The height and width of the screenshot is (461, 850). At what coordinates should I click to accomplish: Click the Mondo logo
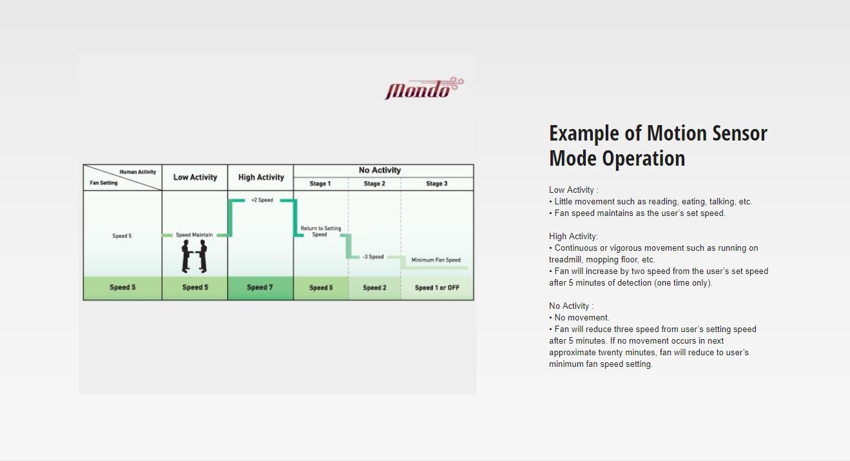[424, 88]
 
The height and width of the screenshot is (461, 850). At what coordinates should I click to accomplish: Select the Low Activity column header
[195, 177]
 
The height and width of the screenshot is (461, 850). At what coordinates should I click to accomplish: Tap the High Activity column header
[261, 177]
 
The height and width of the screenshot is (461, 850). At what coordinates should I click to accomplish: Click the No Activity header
[380, 170]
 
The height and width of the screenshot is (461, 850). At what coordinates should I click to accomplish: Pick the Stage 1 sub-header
[320, 183]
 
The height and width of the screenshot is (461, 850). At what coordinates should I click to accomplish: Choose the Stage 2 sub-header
[374, 183]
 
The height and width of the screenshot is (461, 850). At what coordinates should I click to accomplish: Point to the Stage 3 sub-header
[436, 183]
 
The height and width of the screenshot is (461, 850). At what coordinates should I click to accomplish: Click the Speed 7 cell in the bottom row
[260, 288]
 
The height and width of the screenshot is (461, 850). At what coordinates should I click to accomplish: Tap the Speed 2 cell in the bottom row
[374, 288]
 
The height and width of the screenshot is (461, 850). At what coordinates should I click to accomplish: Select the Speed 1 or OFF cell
[437, 288]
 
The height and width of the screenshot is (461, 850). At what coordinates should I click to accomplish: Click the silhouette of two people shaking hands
[194, 257]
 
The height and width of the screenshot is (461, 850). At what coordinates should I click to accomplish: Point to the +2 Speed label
[262, 200]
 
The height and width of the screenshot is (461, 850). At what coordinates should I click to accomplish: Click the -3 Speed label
[373, 257]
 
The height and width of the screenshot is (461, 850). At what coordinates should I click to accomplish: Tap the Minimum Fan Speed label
[436, 260]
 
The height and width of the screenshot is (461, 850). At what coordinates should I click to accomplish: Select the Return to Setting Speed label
[321, 231]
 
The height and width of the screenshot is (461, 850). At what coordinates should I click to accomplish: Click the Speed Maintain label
[194, 235]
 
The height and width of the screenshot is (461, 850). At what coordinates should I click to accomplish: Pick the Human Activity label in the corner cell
[138, 172]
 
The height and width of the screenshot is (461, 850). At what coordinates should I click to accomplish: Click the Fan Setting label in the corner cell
[104, 182]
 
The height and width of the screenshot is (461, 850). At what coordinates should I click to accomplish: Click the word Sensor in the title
[739, 133]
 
